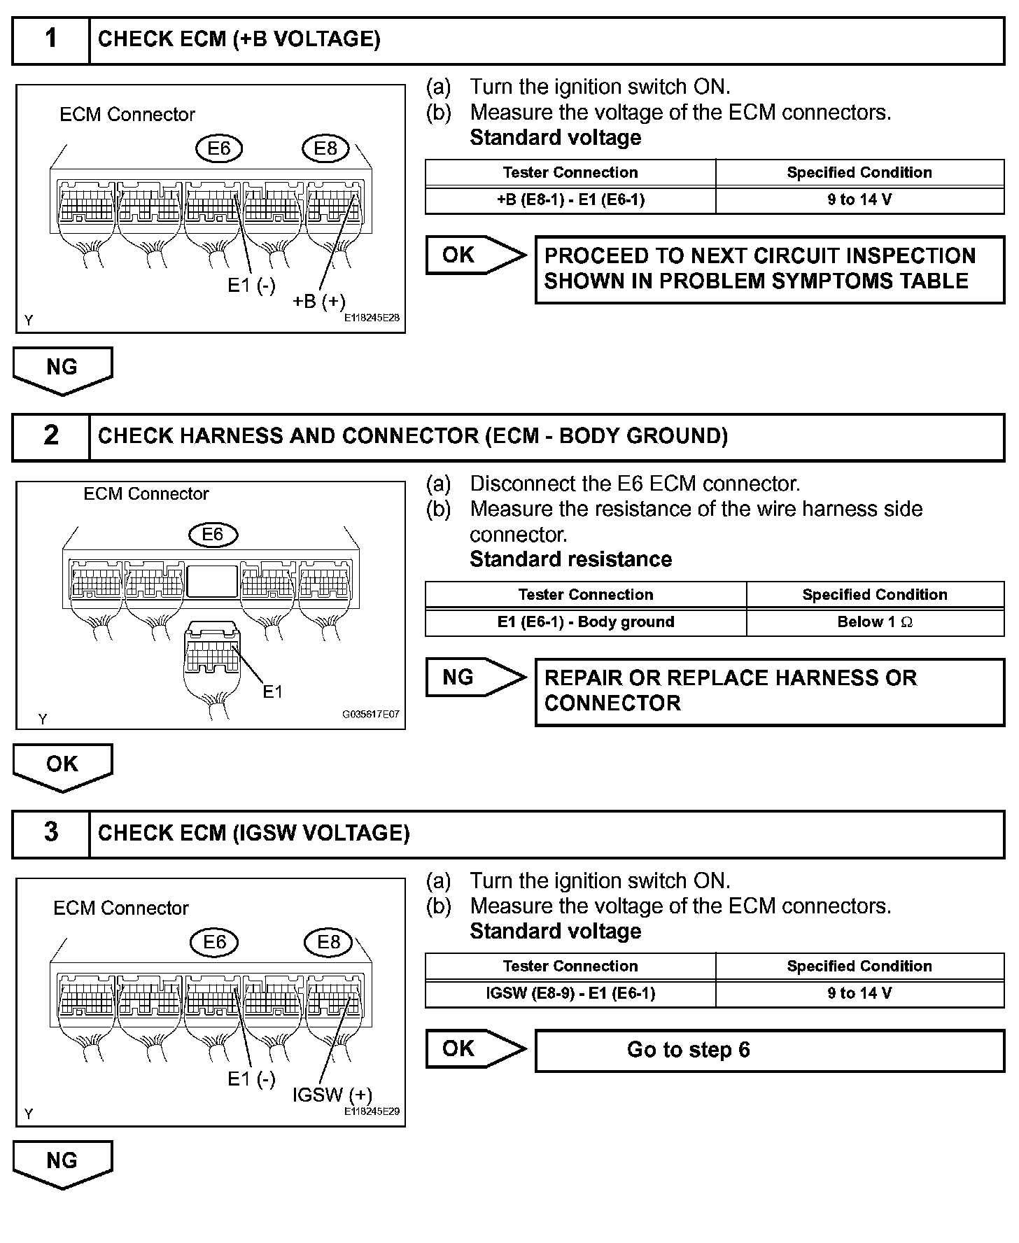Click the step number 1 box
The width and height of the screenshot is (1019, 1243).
pos(51,39)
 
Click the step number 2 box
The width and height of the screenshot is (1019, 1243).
pos(51,436)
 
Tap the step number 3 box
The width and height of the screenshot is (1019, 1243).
pos(51,833)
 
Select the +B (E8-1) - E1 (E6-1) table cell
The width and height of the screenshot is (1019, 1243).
pos(570,199)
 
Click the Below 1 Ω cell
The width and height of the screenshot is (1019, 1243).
pos(875,621)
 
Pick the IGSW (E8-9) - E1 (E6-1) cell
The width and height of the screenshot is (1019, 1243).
pos(570,993)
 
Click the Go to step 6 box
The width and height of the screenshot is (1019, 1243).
pos(769,1050)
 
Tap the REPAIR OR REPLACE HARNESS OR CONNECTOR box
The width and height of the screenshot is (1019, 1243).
pos(769,691)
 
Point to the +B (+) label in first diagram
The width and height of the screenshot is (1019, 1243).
pos(319,301)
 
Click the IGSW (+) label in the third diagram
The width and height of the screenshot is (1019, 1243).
pos(332,1095)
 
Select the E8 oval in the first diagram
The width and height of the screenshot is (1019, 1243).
pos(326,148)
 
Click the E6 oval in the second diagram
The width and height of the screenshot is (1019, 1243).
pos(213,535)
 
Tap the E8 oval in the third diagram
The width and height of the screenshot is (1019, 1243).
pos(328,942)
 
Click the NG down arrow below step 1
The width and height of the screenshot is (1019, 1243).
pos(62,369)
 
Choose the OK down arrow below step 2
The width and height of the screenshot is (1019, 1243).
pos(62,766)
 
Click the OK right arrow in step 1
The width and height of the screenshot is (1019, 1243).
pos(474,255)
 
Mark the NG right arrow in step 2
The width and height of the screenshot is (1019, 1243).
pos(474,677)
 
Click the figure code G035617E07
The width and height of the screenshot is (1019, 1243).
pos(370,715)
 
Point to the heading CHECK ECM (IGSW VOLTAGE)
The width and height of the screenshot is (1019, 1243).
pos(254,833)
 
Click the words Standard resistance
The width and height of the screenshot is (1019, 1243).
pos(570,559)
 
